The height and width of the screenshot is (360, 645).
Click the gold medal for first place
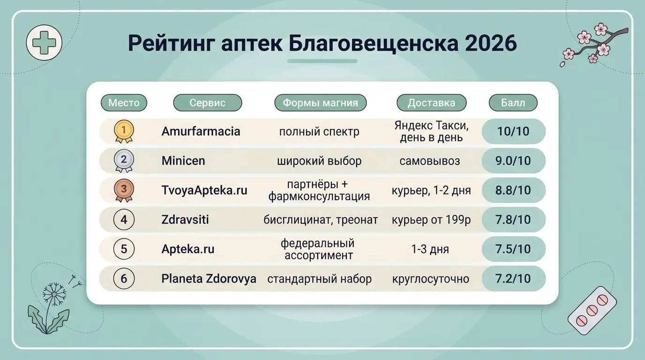pos(124,131)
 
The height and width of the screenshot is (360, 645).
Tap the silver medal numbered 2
pos(124,161)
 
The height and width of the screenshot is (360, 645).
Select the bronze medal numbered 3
pos(124,190)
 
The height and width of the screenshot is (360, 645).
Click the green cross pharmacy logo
pos(44,43)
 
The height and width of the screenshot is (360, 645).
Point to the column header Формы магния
pos(320,103)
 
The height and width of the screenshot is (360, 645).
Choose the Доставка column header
pos(431,103)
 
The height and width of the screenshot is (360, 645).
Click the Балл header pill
pos(513,103)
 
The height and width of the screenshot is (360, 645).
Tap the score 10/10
pos(513,131)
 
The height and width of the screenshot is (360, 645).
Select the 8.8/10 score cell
pos(513,190)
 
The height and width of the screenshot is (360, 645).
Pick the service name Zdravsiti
pos(185,220)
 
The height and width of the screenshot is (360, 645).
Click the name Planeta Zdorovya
pos(209,278)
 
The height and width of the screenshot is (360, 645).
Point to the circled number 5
pos(124,249)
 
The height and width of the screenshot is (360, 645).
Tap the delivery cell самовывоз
pos(430,161)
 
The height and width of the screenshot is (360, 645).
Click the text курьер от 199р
pos(431,220)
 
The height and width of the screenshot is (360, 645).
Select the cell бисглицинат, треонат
pos(321,220)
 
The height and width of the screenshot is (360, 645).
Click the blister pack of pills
pos(592,310)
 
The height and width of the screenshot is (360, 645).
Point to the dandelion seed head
pos(54,294)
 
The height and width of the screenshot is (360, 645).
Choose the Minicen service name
pos(183,161)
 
